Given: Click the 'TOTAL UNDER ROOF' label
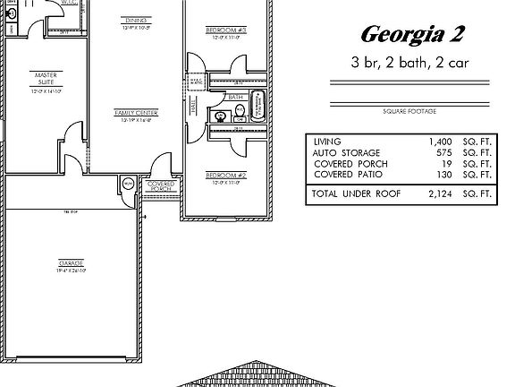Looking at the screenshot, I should click(356, 193).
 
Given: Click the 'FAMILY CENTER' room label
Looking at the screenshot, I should click(136, 113).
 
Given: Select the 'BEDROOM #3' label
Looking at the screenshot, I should click(228, 31).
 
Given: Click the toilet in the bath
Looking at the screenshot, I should click(240, 114).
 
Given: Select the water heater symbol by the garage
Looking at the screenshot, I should click(128, 184).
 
